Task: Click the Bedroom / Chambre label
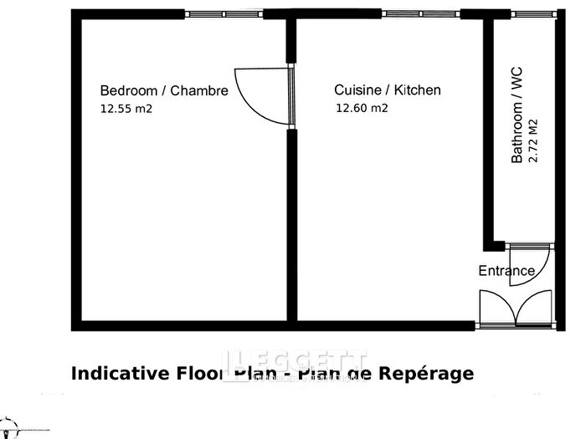pyautogui.click(x=163, y=90)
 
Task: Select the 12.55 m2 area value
pyautogui.click(x=126, y=108)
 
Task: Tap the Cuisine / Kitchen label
pyautogui.click(x=388, y=90)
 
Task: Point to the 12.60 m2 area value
pyautogui.click(x=362, y=108)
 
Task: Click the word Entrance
pyautogui.click(x=506, y=271)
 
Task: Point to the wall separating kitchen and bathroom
pyautogui.click(x=487, y=134)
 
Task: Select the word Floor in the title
pyautogui.click(x=198, y=374)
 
